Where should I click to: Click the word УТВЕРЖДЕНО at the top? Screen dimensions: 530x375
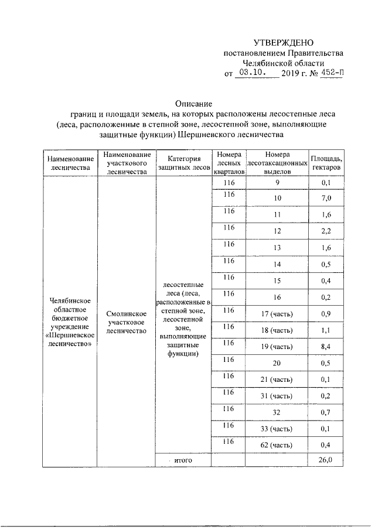click(284, 43)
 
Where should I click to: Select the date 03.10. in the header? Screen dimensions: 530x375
click(253, 74)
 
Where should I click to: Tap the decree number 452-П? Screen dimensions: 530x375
click(332, 74)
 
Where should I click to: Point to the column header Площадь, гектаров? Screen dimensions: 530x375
click(327, 163)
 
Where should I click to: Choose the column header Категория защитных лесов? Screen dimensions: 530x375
click(183, 163)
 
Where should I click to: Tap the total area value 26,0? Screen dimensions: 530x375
click(326, 460)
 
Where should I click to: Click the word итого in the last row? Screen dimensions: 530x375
click(183, 461)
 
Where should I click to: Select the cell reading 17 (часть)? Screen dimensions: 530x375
click(277, 314)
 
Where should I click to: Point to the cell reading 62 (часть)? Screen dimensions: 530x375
click(277, 446)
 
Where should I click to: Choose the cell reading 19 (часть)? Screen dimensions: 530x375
click(277, 347)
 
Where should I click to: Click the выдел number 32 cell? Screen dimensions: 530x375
click(277, 413)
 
